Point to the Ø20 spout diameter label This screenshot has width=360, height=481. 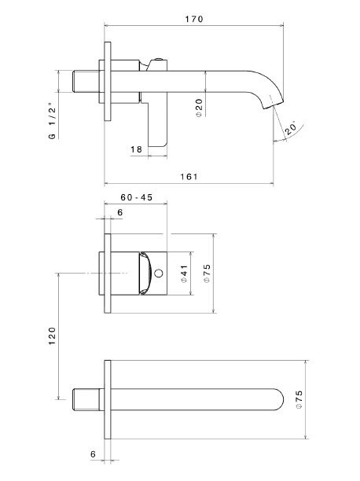pos(200,108)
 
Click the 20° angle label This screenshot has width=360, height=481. pos(292,129)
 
